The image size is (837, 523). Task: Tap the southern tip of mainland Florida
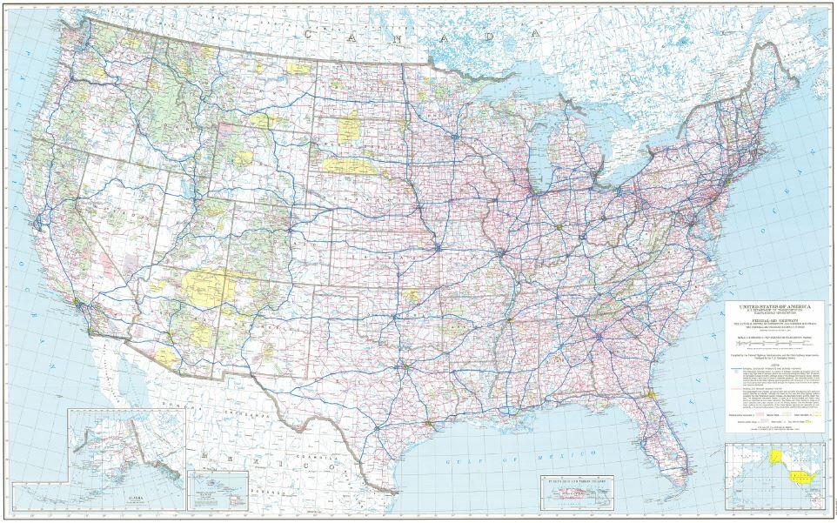[659, 445]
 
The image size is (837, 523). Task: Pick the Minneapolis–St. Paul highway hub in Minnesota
[453, 137]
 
